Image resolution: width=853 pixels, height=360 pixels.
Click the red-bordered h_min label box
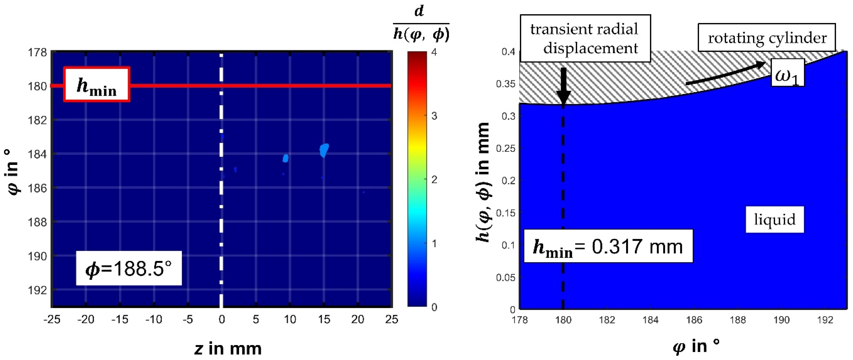click(x=96, y=85)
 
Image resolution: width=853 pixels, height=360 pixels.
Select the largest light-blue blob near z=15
click(x=324, y=150)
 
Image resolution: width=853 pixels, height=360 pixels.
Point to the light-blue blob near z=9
click(x=285, y=158)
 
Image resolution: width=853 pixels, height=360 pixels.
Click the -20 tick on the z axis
click(x=86, y=320)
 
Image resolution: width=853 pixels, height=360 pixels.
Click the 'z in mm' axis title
click(x=228, y=349)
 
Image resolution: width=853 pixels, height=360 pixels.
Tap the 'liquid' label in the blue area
click(x=774, y=220)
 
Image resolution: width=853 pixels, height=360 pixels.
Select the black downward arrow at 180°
click(x=563, y=87)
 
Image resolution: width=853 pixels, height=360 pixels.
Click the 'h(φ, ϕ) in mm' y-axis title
click(x=484, y=182)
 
